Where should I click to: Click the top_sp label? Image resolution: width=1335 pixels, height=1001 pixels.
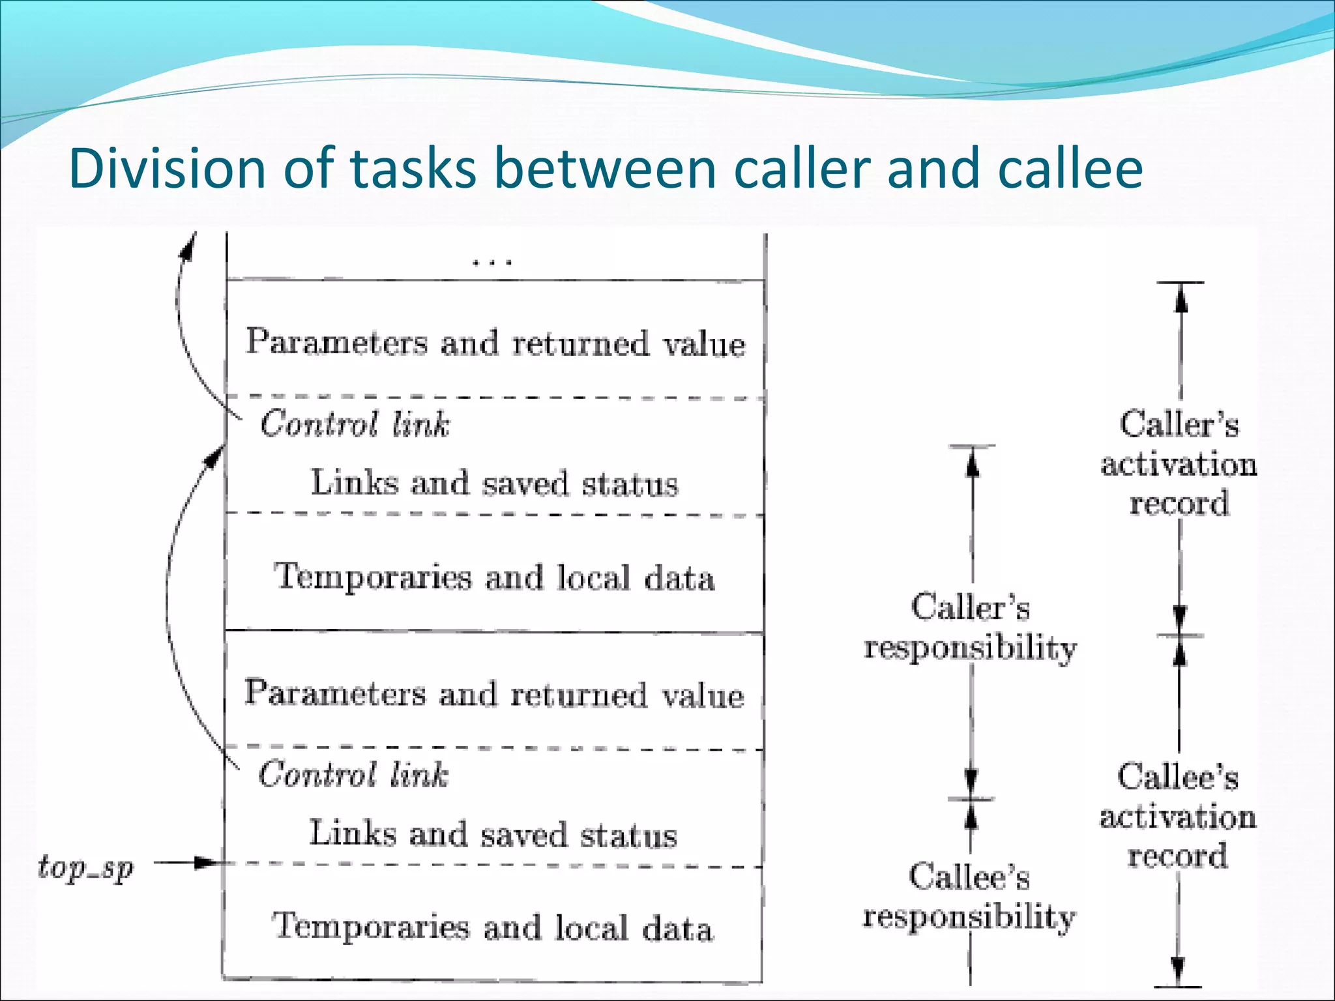coord(85,867)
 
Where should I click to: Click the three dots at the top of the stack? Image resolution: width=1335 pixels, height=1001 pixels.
coord(493,262)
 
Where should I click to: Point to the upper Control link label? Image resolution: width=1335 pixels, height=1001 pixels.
coord(355,424)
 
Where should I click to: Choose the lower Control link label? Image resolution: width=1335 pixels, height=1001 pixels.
coord(353,775)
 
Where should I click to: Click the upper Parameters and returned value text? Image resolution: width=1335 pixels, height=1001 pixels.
coord(495,343)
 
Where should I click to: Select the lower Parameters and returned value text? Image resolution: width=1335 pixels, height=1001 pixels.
coord(494,693)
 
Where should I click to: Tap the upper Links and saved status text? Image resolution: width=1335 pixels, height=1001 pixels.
coord(494,484)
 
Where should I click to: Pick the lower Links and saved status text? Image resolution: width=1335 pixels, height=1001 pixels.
coord(493,834)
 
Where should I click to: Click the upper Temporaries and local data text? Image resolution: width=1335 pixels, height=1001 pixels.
coord(494,577)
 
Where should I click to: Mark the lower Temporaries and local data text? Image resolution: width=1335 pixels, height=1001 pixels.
coord(493,927)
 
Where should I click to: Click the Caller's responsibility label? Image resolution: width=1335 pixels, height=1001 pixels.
coord(970,628)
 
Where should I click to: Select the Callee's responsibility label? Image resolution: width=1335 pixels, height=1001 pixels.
coord(969,897)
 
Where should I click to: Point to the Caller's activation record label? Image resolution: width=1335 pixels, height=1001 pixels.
coord(1179,464)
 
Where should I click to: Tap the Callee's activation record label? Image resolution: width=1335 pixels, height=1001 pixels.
coord(1178,816)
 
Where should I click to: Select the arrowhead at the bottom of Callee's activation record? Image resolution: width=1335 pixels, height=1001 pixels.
coord(1178,971)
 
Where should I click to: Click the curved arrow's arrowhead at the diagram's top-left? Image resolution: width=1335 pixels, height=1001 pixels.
coord(189,246)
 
